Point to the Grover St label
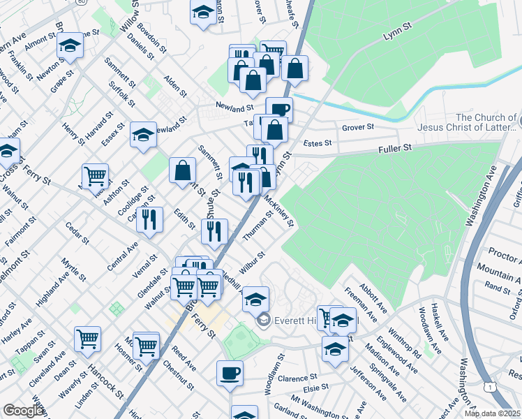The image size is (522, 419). point(358,127)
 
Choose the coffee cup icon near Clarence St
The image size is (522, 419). point(230,372)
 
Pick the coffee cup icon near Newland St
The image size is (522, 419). point(279,109)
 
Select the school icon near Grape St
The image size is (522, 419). point(70,47)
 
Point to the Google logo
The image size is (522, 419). point(22,411)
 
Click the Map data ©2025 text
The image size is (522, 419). point(492,413)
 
